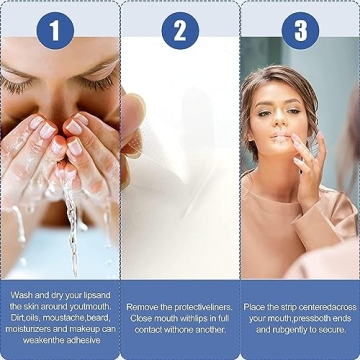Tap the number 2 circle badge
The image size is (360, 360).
click(x=180, y=31)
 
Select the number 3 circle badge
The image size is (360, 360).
click(x=300, y=31)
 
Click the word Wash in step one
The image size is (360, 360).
click(x=23, y=296)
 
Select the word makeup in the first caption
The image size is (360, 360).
click(x=82, y=329)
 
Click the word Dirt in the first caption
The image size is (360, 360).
click(x=17, y=318)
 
